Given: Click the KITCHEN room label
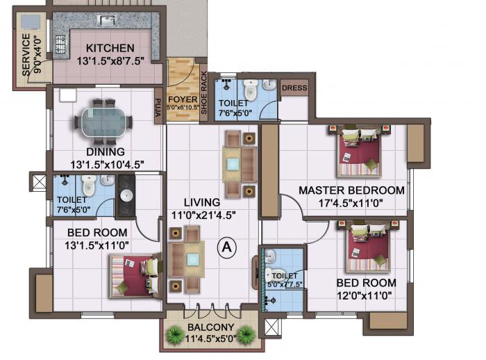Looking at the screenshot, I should click(x=110, y=48).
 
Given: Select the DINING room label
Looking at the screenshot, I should click(x=106, y=152).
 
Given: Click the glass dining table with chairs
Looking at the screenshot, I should click(x=104, y=121).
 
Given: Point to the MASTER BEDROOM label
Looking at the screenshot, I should click(x=351, y=190).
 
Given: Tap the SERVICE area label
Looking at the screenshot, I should click(x=26, y=54).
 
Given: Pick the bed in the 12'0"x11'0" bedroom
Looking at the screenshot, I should click(x=368, y=249).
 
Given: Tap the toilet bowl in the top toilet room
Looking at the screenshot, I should click(x=251, y=91).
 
